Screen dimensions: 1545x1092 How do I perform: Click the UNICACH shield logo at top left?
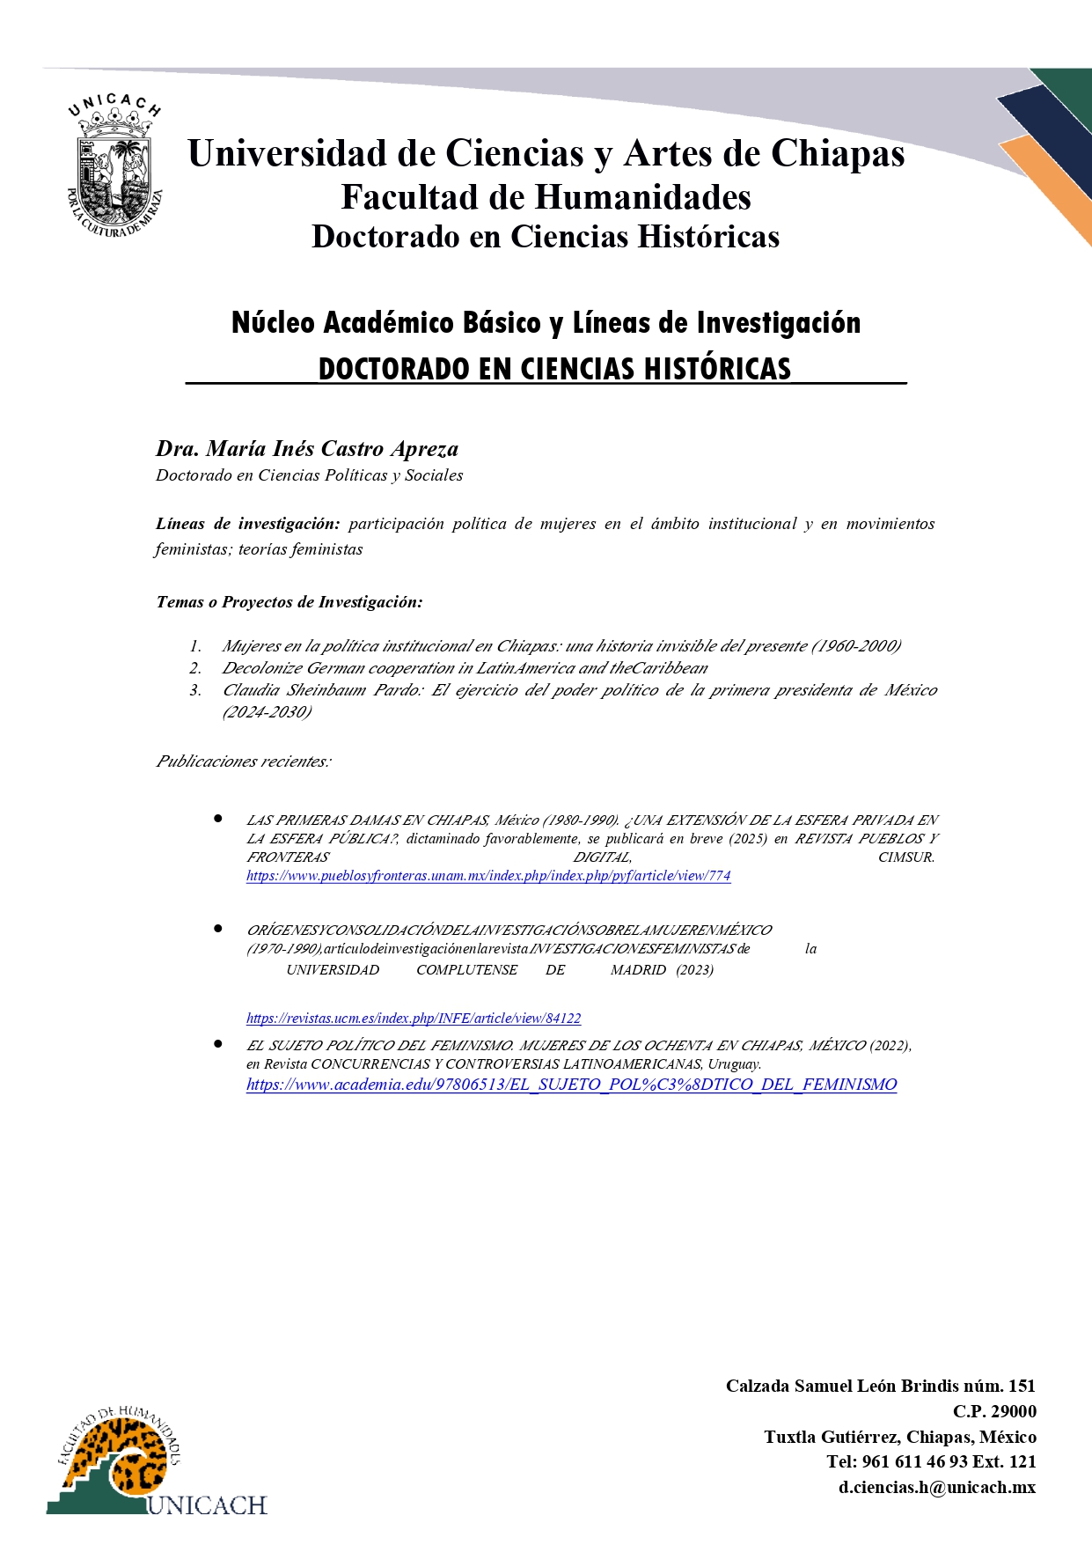pyautogui.click(x=115, y=167)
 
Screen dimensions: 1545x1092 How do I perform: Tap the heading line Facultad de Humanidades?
pyautogui.click(x=546, y=197)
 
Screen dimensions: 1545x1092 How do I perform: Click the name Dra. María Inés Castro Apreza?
pyautogui.click(x=307, y=449)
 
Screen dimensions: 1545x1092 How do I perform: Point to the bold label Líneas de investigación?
pyautogui.click(x=247, y=524)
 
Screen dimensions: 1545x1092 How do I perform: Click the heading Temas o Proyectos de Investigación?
pyautogui.click(x=289, y=602)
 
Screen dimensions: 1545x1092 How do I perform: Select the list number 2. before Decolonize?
pyautogui.click(x=195, y=668)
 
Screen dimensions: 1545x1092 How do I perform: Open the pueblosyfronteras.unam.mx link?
pyautogui.click(x=488, y=876)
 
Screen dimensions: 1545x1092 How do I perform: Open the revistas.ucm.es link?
pyautogui.click(x=414, y=1019)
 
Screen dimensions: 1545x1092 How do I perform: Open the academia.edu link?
pyautogui.click(x=571, y=1085)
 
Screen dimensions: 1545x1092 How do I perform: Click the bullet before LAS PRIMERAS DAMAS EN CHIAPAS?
pyautogui.click(x=217, y=819)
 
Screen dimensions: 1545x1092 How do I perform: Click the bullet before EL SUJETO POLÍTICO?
pyautogui.click(x=217, y=1044)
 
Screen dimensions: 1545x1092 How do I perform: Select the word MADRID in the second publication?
pyautogui.click(x=638, y=970)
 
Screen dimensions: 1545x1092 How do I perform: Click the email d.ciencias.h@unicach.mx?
pyautogui.click(x=936, y=1487)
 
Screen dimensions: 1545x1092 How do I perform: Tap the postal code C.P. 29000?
pyautogui.click(x=994, y=1411)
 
